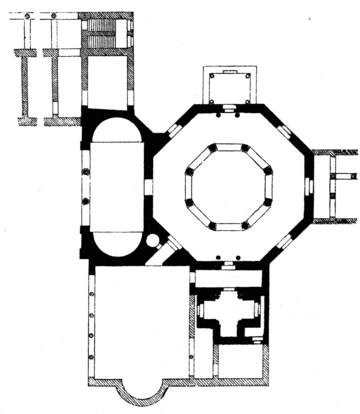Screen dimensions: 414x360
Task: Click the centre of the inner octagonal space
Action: pyautogui.click(x=229, y=186)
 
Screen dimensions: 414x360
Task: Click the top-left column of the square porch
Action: pyautogui.click(x=212, y=76)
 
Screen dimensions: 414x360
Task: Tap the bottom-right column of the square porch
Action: pyautogui.click(x=247, y=101)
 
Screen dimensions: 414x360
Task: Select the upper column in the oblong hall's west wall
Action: pyautogui.click(x=86, y=172)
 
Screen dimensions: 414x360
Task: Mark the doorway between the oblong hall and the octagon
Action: pyautogui.click(x=148, y=187)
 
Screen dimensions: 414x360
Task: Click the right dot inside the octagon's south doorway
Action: pyautogui.click(x=238, y=257)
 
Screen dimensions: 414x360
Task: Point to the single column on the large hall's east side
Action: pyautogui.click(x=191, y=357)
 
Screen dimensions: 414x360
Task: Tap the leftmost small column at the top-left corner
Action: pyautogui.click(x=27, y=16)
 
